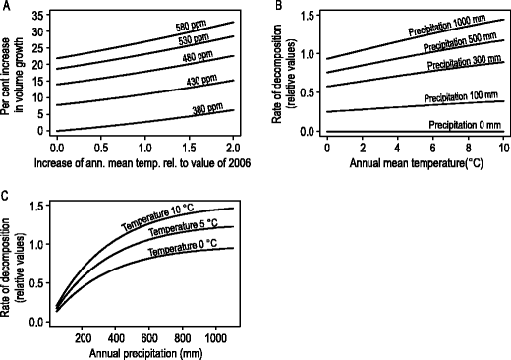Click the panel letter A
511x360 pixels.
(x=6, y=7)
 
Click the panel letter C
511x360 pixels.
(x=6, y=194)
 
